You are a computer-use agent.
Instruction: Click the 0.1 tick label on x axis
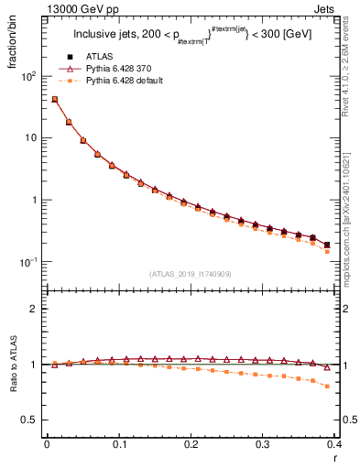(118, 446)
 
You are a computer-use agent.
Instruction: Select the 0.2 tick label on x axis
(190, 446)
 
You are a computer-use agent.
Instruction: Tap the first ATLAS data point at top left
(55, 99)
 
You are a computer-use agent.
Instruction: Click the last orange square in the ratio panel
(327, 386)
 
